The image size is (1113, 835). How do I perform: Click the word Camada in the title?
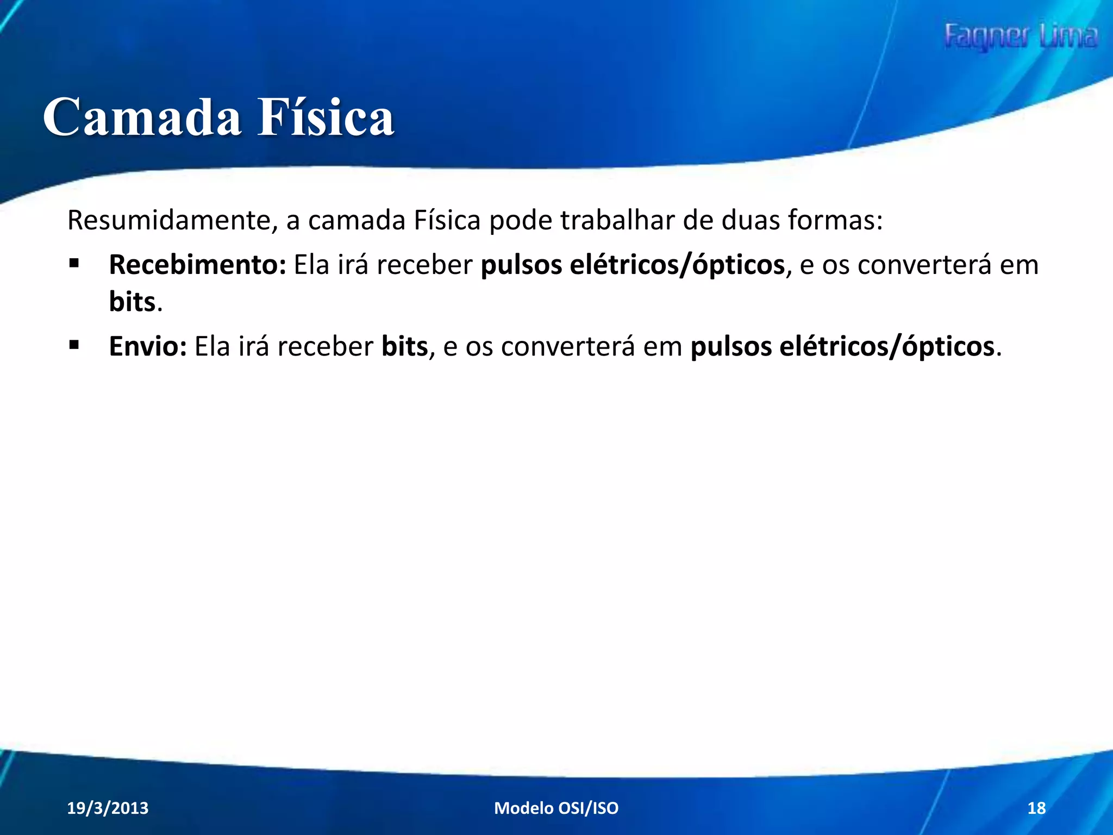(x=142, y=117)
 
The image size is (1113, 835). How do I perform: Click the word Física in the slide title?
(x=326, y=117)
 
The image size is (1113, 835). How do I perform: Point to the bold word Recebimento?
(x=197, y=265)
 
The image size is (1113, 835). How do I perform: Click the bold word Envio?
(x=147, y=346)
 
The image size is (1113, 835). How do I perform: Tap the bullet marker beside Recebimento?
(x=74, y=265)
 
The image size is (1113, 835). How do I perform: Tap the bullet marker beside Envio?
(x=74, y=345)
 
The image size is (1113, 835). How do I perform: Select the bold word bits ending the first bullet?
(x=132, y=302)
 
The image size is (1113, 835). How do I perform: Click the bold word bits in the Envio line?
(x=404, y=346)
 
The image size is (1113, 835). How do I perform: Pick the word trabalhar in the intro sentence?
(x=617, y=221)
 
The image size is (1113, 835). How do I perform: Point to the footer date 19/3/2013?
(x=108, y=808)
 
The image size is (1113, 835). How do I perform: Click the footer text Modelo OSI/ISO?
(x=556, y=808)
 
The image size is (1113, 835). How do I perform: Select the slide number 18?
(x=1036, y=808)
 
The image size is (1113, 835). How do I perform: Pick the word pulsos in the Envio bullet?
(x=730, y=346)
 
